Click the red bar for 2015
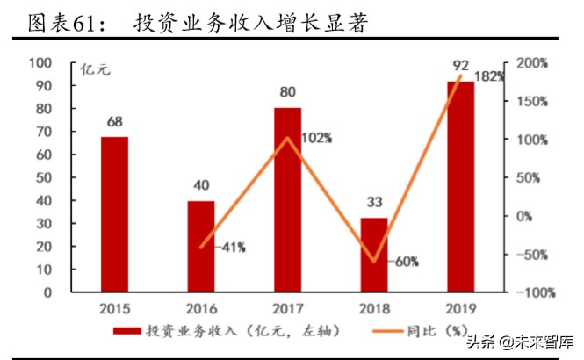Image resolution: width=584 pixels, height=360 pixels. coord(114,213)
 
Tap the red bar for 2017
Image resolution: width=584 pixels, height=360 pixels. coord(287,199)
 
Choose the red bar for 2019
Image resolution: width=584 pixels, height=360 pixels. coord(460,185)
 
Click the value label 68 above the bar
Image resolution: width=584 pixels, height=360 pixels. coord(114,120)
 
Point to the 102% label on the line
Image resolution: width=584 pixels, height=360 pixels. coord(316,138)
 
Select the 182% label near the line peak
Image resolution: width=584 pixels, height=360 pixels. coord(490,76)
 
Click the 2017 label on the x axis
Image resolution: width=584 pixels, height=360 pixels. coord(287,308)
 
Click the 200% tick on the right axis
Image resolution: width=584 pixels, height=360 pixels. coord(530,63)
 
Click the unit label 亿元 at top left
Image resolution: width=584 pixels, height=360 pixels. coord(95,70)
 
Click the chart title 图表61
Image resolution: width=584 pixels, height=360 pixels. coord(66,23)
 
